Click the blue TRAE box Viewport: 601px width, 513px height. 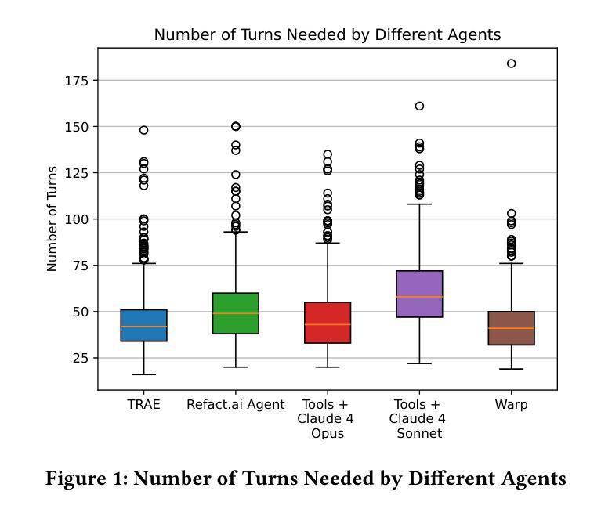[x=143, y=325]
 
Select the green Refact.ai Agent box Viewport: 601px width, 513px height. [x=235, y=313]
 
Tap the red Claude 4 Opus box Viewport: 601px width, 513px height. [x=327, y=323]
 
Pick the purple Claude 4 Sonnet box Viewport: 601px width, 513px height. [x=419, y=294]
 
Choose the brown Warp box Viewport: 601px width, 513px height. [x=511, y=328]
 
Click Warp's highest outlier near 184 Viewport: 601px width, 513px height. [x=511, y=63]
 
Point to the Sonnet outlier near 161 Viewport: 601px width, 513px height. [x=419, y=106]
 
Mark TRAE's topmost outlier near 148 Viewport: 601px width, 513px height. [x=143, y=130]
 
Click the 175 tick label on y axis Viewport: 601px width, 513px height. [x=78, y=81]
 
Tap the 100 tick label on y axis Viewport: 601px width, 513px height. [x=78, y=219]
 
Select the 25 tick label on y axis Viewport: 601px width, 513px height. [x=81, y=359]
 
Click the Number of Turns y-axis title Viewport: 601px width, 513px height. [x=52, y=219]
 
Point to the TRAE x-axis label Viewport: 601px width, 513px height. [x=143, y=405]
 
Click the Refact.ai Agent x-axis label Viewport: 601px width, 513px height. [x=235, y=405]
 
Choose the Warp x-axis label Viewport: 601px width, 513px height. [x=511, y=405]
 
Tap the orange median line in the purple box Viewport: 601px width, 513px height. [x=419, y=297]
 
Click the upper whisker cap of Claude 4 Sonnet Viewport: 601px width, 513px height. [x=419, y=204]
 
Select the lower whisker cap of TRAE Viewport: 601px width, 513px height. [x=143, y=374]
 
